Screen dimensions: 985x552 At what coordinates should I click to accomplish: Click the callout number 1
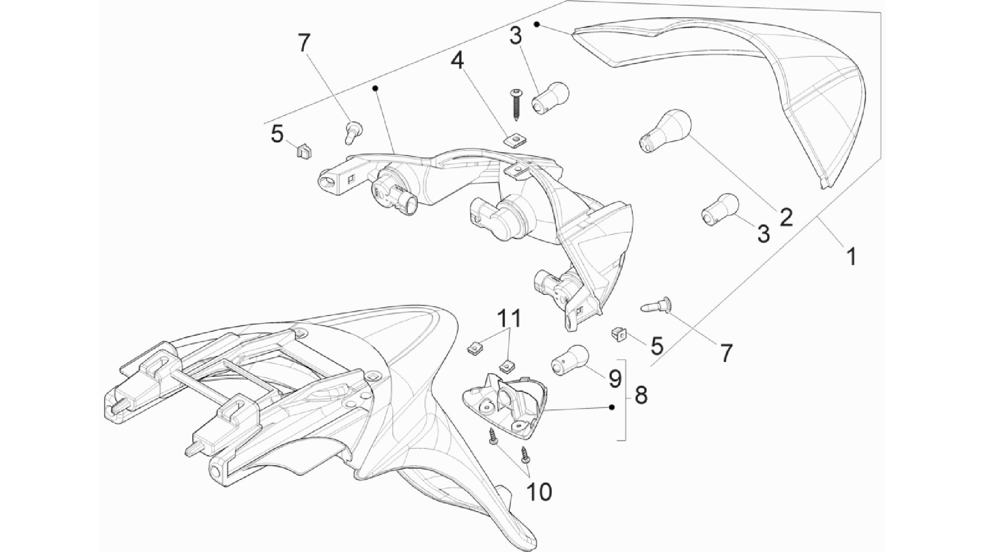tap(852, 256)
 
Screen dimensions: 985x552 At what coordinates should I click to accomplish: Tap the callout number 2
tap(785, 217)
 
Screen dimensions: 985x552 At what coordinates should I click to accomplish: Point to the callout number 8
tap(640, 395)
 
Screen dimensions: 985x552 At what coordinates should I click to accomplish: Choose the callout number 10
tap(539, 492)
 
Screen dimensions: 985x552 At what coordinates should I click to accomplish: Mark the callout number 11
tap(509, 318)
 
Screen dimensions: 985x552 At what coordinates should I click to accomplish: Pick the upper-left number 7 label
tap(304, 43)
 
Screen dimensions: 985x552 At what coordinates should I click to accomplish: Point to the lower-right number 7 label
tap(726, 353)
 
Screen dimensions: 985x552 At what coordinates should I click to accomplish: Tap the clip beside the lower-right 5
tap(620, 333)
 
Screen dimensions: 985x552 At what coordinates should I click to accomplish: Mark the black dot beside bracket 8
tap(612, 407)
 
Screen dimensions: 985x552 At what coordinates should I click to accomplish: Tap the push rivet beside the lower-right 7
tap(657, 305)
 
